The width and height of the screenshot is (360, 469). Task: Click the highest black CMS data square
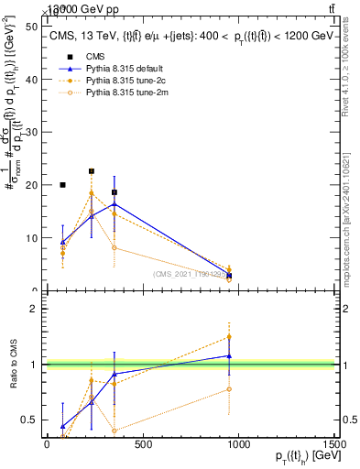(x=92, y=171)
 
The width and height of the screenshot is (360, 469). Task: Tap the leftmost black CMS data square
(x=62, y=185)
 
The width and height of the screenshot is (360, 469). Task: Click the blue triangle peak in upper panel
(x=114, y=204)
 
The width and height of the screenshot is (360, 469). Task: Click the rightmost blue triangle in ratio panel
(x=229, y=355)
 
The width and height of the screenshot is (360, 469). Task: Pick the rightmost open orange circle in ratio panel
(x=229, y=389)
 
